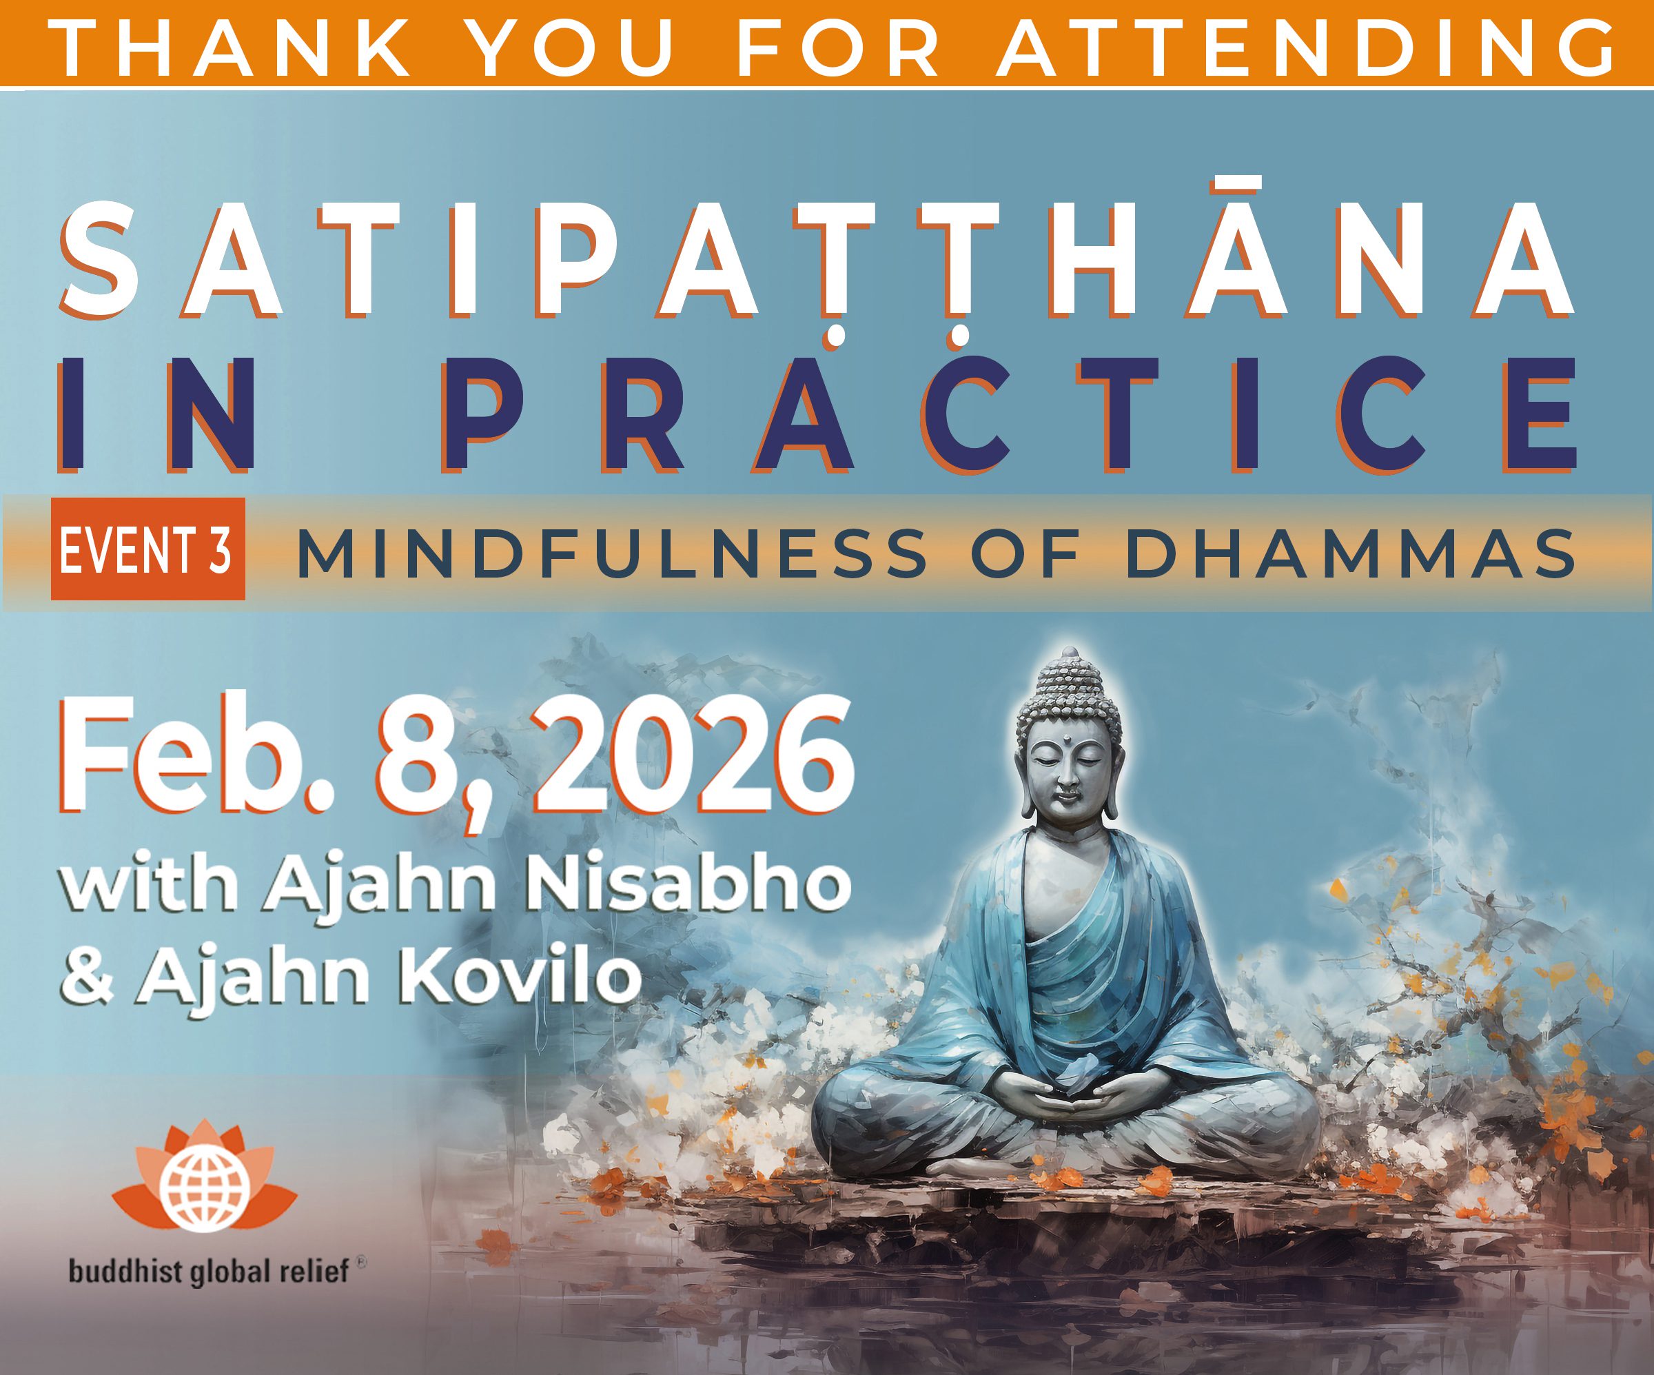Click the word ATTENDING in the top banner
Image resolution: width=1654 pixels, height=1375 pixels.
pyautogui.click(x=1305, y=48)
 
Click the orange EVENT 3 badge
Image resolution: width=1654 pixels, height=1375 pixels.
pyautogui.click(x=148, y=549)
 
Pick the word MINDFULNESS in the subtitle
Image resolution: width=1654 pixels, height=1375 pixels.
pyautogui.click(x=612, y=553)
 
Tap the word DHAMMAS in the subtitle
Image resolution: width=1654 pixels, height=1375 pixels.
pyautogui.click(x=1350, y=553)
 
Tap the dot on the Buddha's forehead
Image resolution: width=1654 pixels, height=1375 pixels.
pyautogui.click(x=1069, y=740)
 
